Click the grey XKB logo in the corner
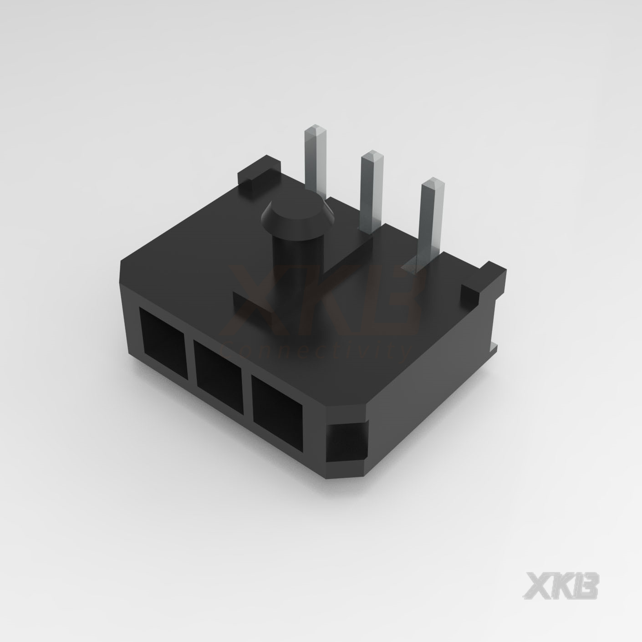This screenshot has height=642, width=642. point(562,585)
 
